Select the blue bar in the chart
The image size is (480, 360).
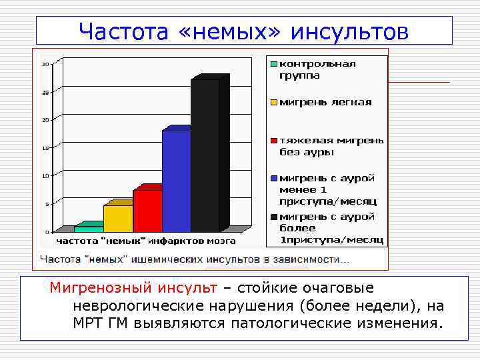click(176, 180)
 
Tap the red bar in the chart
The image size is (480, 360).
click(147, 210)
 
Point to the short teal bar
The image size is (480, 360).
click(89, 228)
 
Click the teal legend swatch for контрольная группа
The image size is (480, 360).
click(273, 64)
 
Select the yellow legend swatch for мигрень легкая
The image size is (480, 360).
click(273, 103)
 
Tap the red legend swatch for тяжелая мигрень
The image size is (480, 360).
click(273, 141)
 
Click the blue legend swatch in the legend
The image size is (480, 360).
click(273, 179)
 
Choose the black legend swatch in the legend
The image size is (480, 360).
click(273, 217)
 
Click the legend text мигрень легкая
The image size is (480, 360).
click(325, 103)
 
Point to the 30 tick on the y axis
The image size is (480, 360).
click(45, 64)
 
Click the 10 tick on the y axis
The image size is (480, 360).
click(45, 176)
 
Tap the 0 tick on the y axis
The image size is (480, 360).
click(47, 231)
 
